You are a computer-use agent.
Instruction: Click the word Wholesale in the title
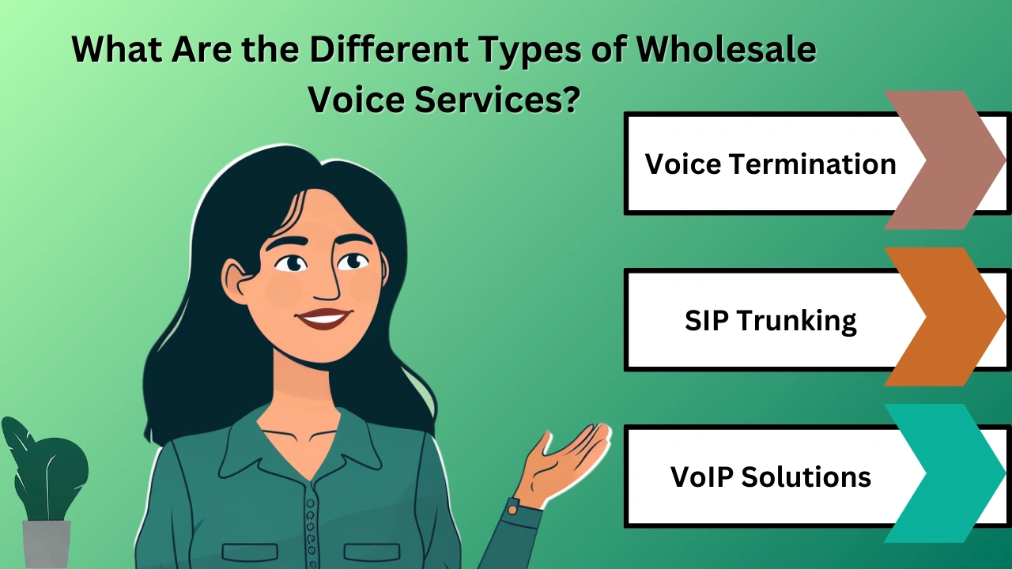click(x=727, y=49)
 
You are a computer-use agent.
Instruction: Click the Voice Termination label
click(x=771, y=164)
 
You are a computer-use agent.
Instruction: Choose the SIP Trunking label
click(x=771, y=320)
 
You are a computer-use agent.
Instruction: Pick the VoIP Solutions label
click(x=771, y=477)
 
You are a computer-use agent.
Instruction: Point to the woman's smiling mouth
click(x=324, y=318)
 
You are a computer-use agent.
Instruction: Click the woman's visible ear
click(x=235, y=282)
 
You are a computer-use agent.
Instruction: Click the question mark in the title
click(x=570, y=100)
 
